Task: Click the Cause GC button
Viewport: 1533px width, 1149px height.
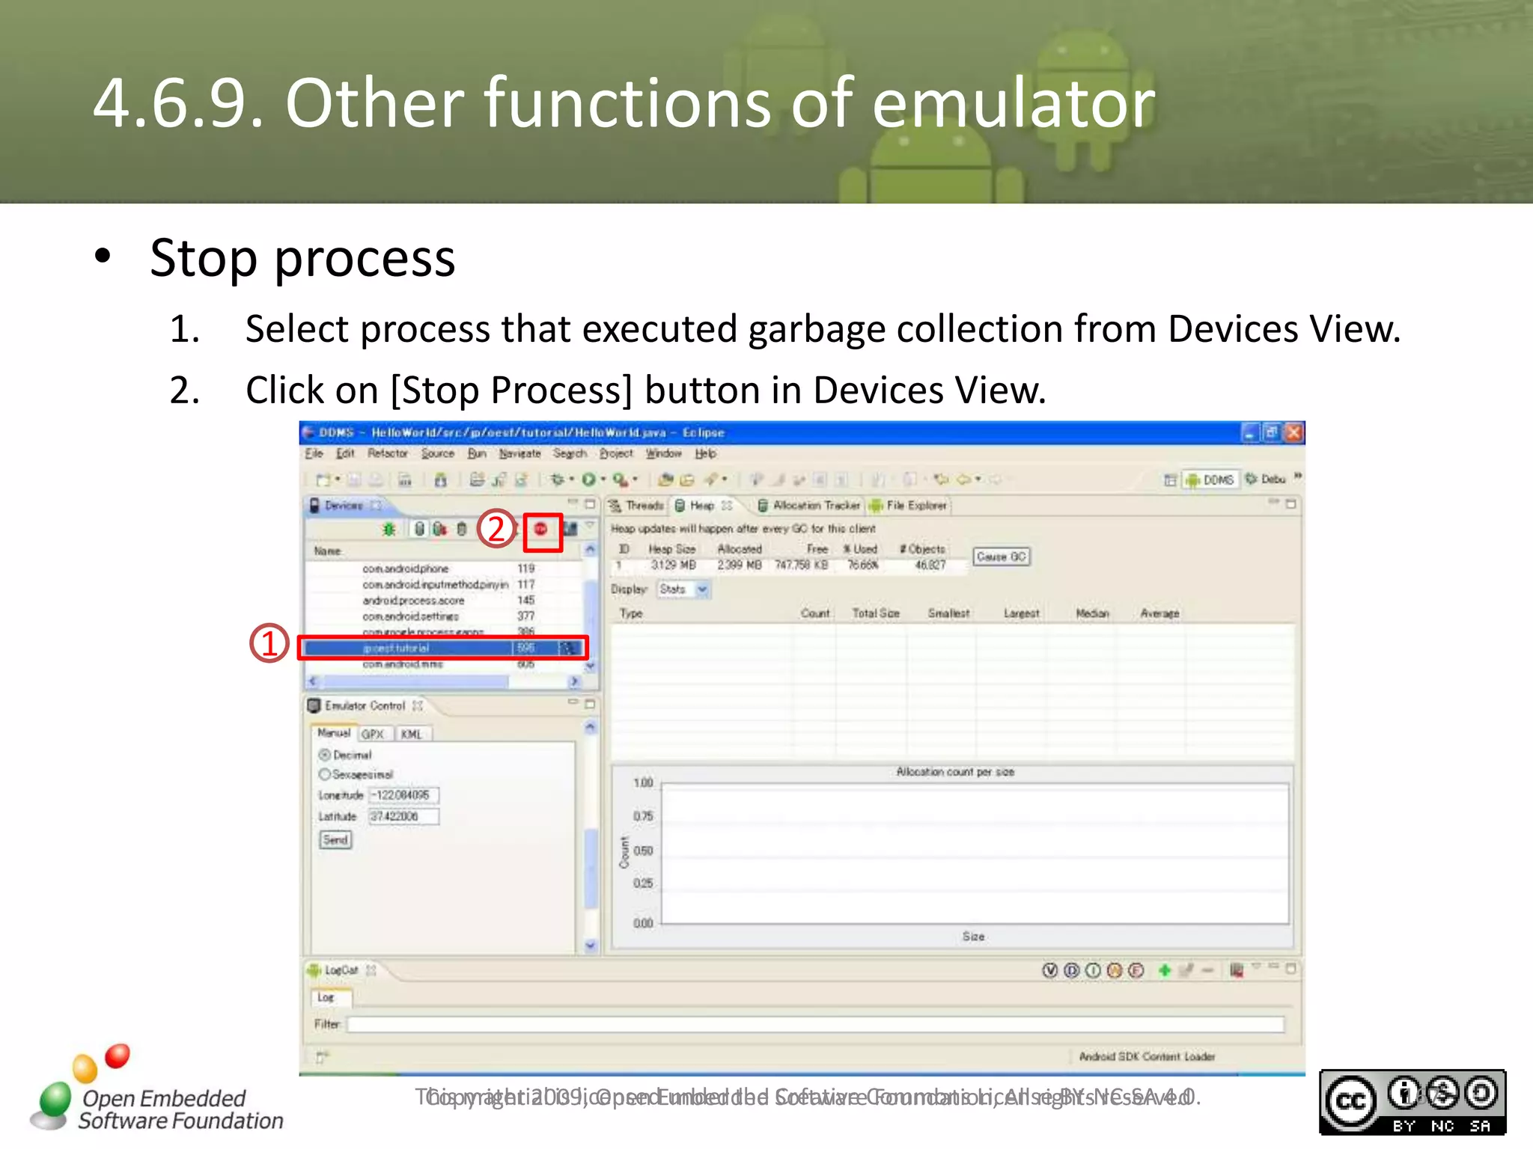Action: point(1001,557)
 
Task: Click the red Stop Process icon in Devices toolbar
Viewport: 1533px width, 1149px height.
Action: point(540,530)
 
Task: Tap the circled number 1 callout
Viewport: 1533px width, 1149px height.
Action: point(269,643)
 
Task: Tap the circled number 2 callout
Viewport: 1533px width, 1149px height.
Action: point(496,529)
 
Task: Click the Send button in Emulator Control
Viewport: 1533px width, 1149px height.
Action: point(335,840)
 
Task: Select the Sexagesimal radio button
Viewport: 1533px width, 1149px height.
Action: point(325,774)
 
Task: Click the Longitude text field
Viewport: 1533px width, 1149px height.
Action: point(403,795)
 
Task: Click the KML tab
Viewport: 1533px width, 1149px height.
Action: point(411,735)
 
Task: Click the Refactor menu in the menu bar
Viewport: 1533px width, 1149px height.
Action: point(388,453)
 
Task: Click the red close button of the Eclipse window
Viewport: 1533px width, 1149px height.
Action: point(1293,432)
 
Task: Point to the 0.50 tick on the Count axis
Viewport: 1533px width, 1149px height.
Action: point(644,851)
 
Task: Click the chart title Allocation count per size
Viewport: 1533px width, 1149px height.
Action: point(955,772)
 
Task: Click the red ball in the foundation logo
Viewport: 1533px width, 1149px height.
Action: point(118,1055)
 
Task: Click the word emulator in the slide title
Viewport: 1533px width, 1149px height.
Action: point(1014,103)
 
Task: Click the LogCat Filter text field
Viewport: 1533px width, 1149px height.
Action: point(814,1024)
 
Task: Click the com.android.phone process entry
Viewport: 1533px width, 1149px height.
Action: point(406,569)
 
